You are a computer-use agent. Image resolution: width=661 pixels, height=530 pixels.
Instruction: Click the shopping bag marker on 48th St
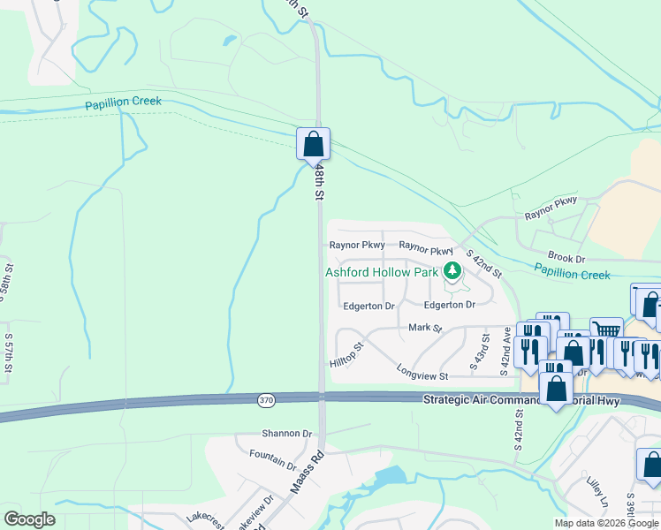[313, 143]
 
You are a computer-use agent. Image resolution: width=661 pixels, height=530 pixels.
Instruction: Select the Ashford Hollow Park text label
[382, 273]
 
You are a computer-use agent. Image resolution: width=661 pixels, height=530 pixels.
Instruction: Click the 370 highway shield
[266, 401]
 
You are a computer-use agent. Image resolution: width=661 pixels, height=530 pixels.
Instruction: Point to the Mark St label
[425, 328]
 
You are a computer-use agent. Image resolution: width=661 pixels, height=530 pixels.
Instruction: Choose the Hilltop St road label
[346, 357]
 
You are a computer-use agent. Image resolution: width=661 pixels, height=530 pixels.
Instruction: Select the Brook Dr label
[566, 258]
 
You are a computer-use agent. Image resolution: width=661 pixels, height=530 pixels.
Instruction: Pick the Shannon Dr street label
[287, 434]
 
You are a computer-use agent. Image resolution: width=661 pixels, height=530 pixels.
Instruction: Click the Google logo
[29, 519]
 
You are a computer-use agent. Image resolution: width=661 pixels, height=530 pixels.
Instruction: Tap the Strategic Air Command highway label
[521, 401]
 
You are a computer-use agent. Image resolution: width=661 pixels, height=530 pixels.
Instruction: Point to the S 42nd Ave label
[506, 352]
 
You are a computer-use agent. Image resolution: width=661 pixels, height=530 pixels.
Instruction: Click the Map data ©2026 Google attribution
[606, 523]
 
